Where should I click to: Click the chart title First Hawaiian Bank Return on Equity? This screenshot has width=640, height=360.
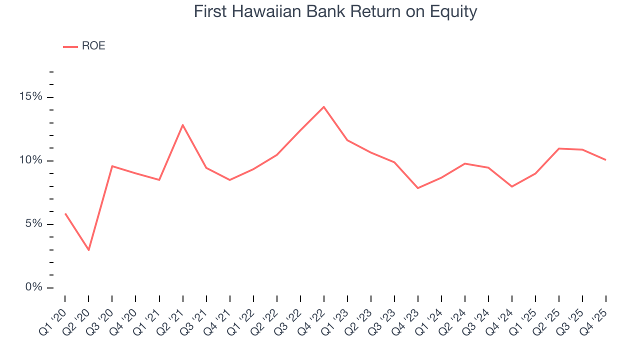click(335, 11)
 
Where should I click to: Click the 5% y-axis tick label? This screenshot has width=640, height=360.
click(35, 224)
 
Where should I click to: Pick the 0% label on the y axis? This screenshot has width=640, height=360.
click(35, 287)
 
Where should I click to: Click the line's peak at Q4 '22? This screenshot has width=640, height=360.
click(324, 107)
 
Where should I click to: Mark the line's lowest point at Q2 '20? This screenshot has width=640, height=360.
click(88, 250)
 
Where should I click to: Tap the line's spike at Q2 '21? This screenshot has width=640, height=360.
click(182, 124)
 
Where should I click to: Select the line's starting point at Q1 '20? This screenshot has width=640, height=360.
click(65, 213)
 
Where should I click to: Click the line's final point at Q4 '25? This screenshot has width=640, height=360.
click(606, 160)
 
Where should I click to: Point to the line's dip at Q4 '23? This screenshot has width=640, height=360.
click(418, 188)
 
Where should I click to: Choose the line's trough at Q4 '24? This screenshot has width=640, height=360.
click(512, 186)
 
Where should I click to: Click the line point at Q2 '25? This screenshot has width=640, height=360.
click(559, 148)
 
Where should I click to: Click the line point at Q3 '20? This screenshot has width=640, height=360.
click(112, 166)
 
